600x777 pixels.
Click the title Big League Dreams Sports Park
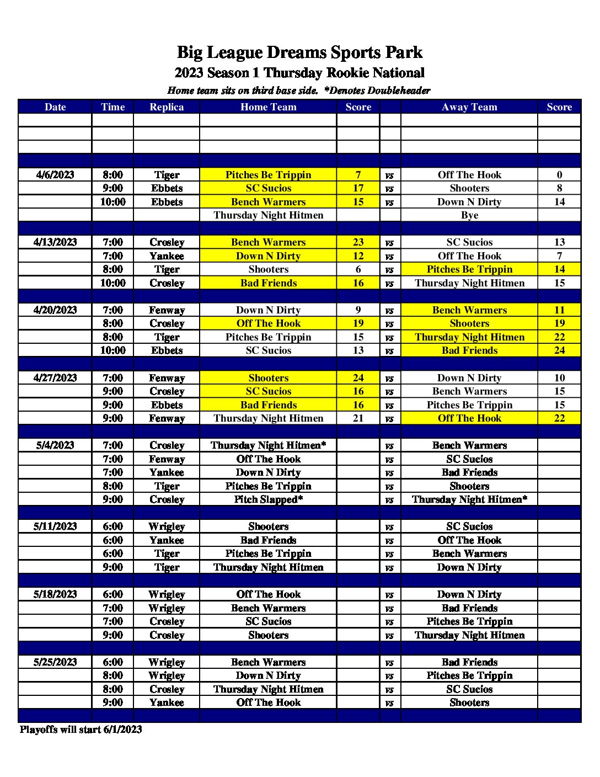(x=299, y=52)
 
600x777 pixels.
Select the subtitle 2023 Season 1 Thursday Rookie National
(x=299, y=73)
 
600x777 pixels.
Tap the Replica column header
(x=167, y=107)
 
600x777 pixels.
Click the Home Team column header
(x=268, y=107)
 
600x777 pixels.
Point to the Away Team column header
(x=469, y=107)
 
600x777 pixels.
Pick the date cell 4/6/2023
(x=55, y=175)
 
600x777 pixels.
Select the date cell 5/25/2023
(x=55, y=662)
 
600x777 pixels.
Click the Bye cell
(x=469, y=215)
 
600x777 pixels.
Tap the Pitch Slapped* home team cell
(x=268, y=499)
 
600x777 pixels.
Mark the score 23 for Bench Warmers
(x=358, y=242)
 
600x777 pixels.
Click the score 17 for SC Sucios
(x=358, y=188)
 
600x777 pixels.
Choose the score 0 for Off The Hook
(x=559, y=175)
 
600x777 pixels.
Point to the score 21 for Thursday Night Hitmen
(x=358, y=418)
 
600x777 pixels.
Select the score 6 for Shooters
(x=358, y=269)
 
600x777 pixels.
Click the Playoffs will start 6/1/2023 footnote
(x=81, y=730)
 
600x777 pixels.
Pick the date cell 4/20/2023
(x=55, y=310)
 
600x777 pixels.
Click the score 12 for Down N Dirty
(x=358, y=256)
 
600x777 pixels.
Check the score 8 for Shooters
(x=559, y=188)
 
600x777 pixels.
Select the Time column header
(x=113, y=107)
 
